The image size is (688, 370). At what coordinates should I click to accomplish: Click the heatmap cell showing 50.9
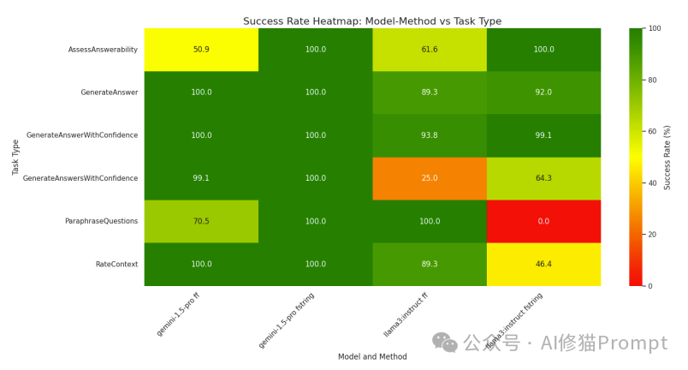tap(201, 50)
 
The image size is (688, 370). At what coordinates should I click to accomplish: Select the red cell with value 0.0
tap(543, 221)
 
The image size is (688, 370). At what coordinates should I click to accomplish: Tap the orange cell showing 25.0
tap(430, 178)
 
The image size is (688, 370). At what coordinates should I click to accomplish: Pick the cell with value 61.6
tap(430, 50)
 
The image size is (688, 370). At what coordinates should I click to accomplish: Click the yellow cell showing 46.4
tap(543, 264)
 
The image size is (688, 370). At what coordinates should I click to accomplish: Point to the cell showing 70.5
tap(201, 221)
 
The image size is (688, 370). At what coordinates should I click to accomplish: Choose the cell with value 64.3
tap(543, 178)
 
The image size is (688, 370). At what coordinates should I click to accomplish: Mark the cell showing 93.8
tap(430, 135)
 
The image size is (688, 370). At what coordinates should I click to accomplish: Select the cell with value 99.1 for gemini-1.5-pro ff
tap(201, 178)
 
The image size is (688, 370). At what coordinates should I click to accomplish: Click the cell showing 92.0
tap(543, 92)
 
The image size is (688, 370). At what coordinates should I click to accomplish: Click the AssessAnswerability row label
tap(103, 50)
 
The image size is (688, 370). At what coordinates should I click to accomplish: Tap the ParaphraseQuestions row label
tap(101, 221)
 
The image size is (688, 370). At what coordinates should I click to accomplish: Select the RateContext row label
tap(116, 264)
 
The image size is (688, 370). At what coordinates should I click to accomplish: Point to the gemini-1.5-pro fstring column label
tap(288, 319)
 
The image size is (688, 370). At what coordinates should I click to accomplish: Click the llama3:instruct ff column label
tap(406, 315)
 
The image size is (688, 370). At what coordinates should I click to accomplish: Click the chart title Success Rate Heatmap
tap(372, 21)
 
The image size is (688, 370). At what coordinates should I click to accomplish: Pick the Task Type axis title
tap(16, 157)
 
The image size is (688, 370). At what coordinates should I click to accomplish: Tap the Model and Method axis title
tap(372, 356)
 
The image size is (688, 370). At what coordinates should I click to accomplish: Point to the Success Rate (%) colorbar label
tap(667, 157)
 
